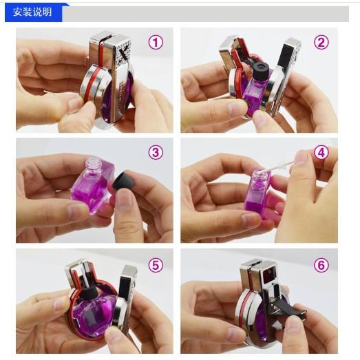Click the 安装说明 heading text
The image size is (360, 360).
coord(32,12)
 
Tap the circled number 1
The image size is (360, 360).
coord(156,42)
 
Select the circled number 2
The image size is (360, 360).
coord(321,42)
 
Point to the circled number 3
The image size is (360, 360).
coord(156,152)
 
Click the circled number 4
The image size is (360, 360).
coord(321,152)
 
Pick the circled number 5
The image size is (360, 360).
coord(156,265)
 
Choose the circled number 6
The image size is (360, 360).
coord(321,265)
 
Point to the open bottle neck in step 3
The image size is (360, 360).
coord(93,163)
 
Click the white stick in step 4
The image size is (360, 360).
coord(279,167)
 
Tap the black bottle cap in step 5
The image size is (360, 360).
coord(89,293)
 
